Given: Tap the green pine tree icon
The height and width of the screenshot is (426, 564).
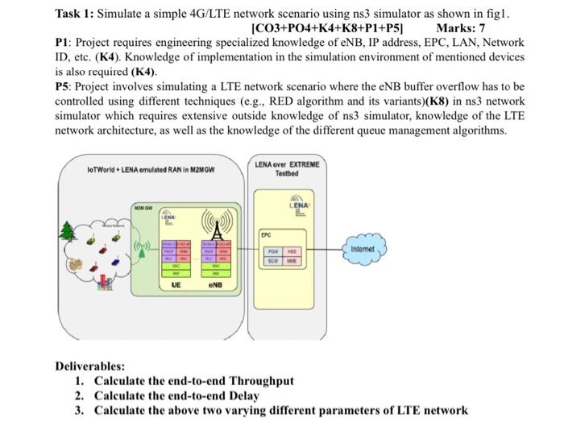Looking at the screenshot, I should click(68, 231).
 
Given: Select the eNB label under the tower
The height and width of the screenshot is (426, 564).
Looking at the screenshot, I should click(215, 285).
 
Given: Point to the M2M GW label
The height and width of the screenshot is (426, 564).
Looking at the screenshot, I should click(143, 208).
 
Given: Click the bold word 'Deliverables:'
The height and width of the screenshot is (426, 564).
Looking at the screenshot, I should click(89, 366).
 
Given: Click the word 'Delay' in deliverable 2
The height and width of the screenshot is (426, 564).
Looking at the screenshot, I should click(243, 395).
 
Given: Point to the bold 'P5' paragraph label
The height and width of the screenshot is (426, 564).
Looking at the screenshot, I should click(64, 85).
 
